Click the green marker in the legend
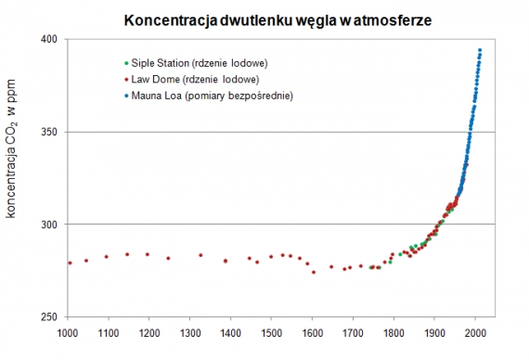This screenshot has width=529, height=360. coord(126,63)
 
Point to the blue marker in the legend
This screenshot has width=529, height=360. coord(126,96)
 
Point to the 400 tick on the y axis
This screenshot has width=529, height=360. coord(49,39)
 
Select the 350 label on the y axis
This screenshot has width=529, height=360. coord(49,132)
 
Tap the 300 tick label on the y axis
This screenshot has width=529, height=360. coord(49,225)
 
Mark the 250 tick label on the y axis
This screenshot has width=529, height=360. coord(49,317)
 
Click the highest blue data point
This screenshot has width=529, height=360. coord(480,50)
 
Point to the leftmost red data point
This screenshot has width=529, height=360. coord(70,263)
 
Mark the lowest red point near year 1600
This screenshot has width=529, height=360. coord(314,272)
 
